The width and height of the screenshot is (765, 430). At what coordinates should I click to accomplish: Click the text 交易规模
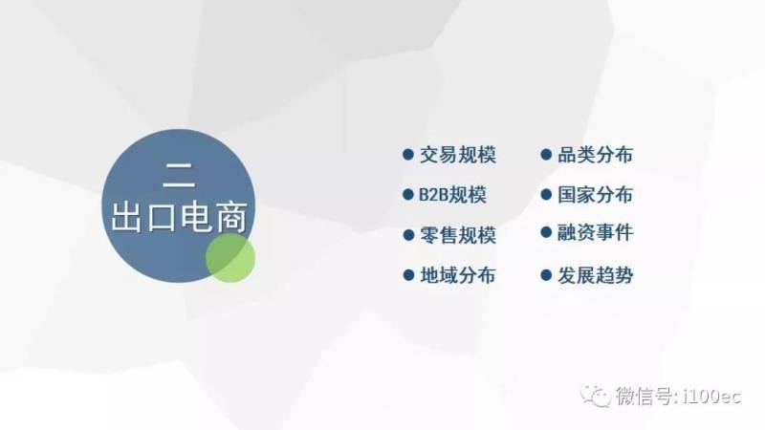pos(458,155)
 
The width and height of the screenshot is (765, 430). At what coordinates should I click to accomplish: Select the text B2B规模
pos(452,195)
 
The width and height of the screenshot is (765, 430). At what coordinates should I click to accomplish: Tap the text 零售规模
pos(458,235)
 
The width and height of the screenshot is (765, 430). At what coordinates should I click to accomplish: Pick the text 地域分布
pos(458,275)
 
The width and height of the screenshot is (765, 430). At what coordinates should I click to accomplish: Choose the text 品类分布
pos(595,155)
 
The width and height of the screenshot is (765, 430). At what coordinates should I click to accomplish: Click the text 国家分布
pos(595,195)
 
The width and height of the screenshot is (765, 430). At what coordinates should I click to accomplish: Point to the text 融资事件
pos(595,232)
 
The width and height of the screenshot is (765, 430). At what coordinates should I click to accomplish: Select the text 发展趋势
pos(595,275)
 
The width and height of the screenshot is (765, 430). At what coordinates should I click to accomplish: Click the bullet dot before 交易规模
pos(408,155)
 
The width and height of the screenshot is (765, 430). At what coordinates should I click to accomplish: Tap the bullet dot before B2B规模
pos(408,195)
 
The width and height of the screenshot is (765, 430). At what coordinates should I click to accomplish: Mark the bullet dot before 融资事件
pos(546,232)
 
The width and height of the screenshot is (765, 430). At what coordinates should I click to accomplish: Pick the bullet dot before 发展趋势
pos(546,275)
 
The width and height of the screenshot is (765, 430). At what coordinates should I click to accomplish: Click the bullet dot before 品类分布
pos(546,155)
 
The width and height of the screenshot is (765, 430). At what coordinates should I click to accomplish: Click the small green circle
pos(230,258)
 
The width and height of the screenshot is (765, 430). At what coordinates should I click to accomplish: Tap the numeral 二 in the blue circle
pos(179,175)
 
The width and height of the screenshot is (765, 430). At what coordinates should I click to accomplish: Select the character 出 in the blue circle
pos(127,217)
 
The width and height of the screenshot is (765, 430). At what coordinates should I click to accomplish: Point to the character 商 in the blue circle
pos(231,217)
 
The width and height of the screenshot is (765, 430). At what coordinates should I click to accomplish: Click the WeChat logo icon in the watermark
pos(595,396)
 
